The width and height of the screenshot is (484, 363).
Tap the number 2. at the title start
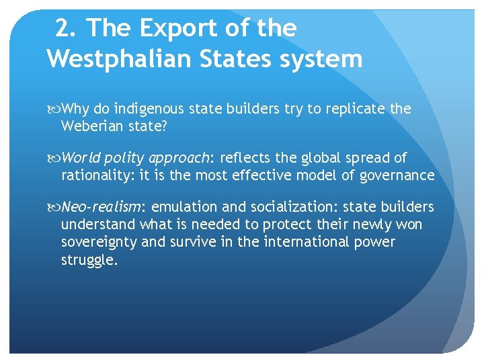point(66,28)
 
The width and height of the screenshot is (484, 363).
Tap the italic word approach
point(179,159)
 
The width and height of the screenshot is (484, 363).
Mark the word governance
point(399,175)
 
